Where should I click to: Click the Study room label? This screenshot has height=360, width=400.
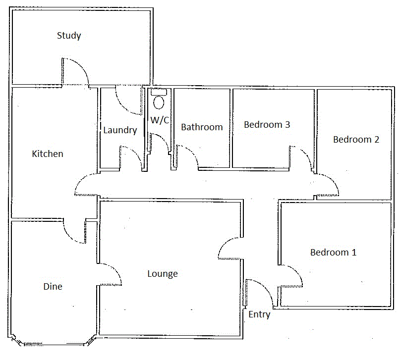coord(69,36)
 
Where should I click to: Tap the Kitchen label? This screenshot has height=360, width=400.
coord(48,154)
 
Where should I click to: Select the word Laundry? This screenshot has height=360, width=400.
coord(120,130)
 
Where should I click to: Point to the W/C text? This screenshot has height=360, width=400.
coord(159,120)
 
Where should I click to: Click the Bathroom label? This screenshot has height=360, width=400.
coord(202,127)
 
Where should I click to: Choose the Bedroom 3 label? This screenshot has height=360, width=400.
coord(267,125)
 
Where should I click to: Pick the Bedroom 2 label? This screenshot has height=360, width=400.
coord(356,140)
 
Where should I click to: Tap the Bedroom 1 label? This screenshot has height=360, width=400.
coord(333,253)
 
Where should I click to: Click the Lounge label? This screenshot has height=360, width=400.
coord(163,274)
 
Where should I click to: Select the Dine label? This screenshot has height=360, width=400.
coord(53,287)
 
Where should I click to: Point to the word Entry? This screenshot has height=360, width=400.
coord(259,314)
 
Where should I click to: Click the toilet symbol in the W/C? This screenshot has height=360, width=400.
coord(159,102)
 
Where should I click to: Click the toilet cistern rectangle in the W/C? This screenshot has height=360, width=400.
coord(159,92)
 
